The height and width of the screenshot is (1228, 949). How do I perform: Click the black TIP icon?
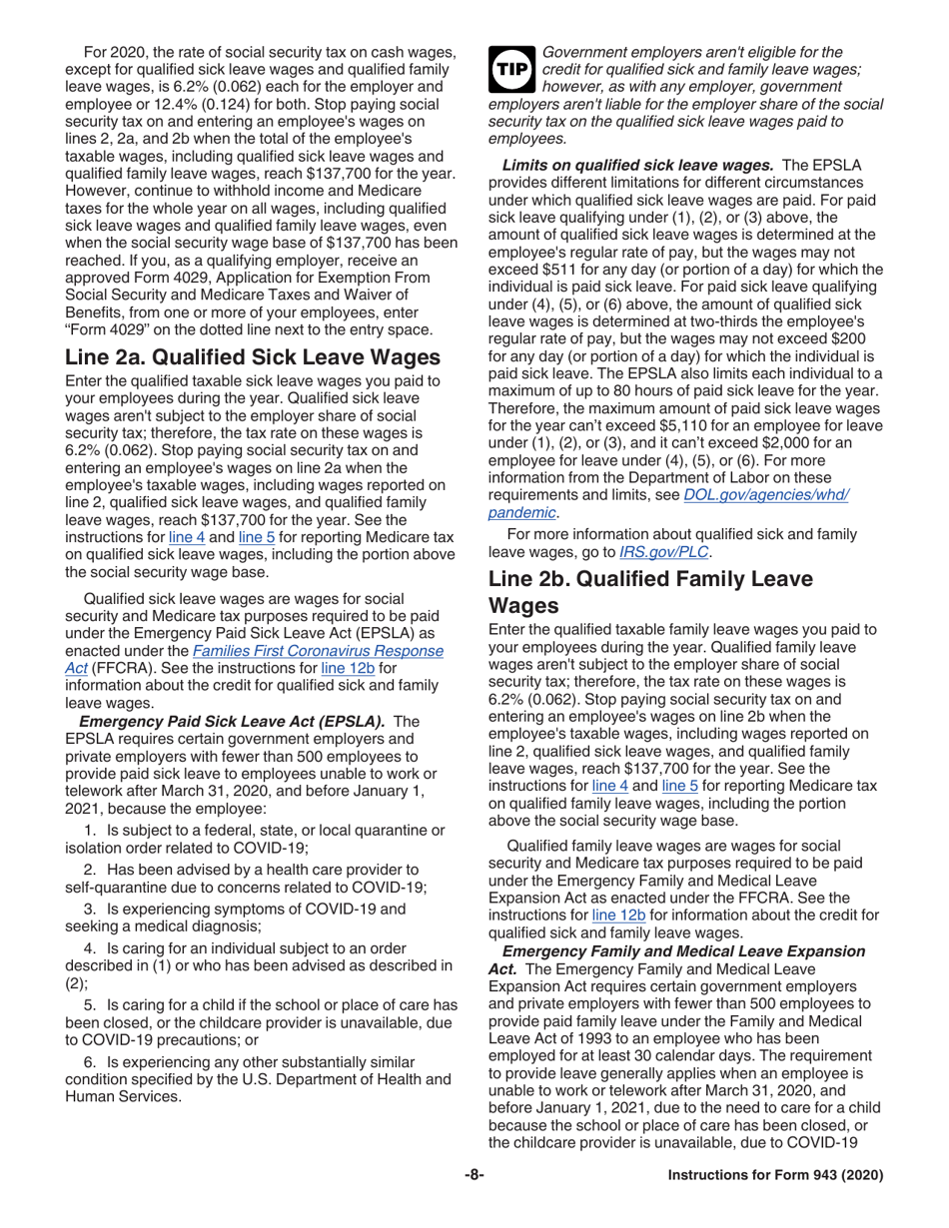click(510, 71)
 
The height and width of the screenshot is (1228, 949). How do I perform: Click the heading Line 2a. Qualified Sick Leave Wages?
click(253, 356)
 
